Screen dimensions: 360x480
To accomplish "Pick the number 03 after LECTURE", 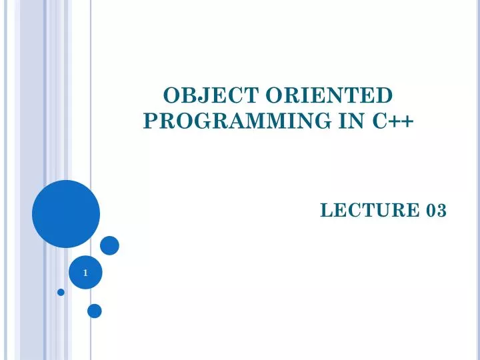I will coord(437,211).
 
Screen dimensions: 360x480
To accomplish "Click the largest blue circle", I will coord(66,214).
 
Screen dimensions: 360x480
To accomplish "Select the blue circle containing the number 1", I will coord(85,273).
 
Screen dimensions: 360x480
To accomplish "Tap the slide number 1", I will coord(85,273).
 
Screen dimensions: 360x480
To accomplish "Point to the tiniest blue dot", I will coord(61,292).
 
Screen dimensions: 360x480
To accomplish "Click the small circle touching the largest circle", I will coord(109,245).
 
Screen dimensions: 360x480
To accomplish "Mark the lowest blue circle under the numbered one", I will coord(95,311).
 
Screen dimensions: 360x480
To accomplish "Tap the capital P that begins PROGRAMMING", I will coord(150,121).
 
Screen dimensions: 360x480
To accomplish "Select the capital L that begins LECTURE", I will coord(325,211).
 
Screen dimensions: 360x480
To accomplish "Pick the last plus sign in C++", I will coord(408,122).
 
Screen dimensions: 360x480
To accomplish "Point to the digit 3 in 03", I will coord(441,211).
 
